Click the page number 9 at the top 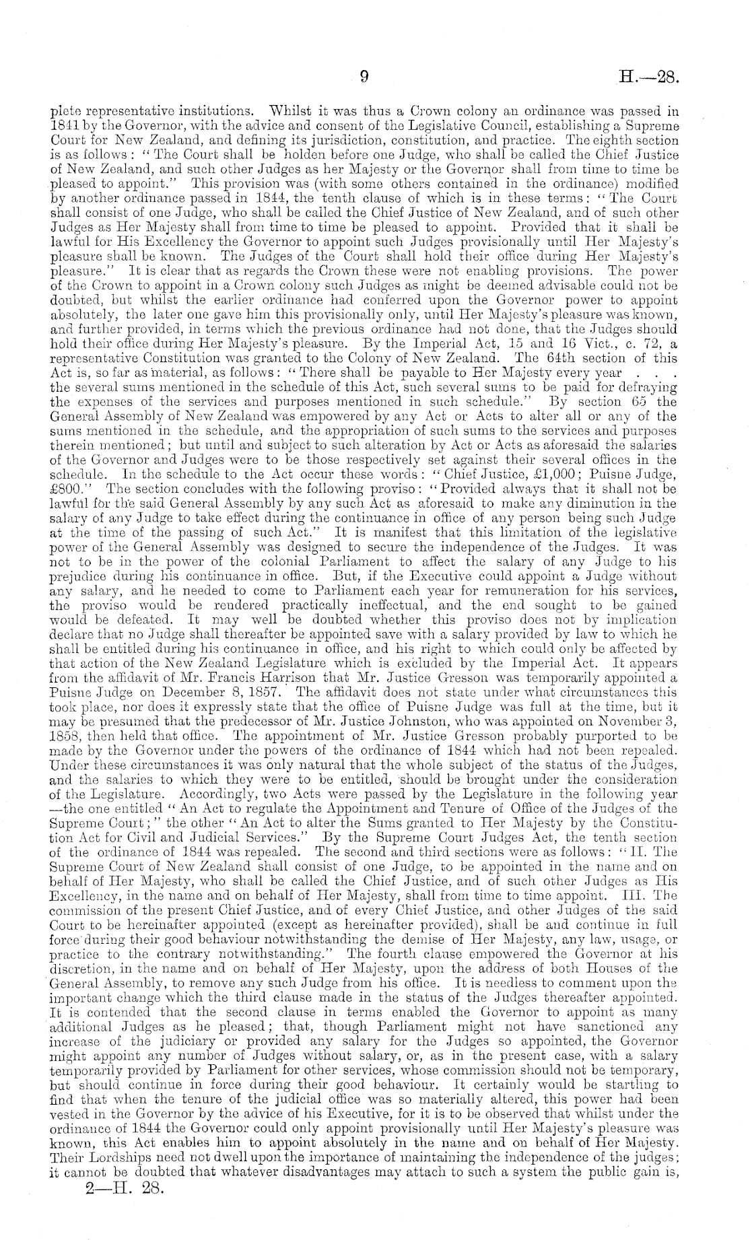point(363,77)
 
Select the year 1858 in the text point(66,732)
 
